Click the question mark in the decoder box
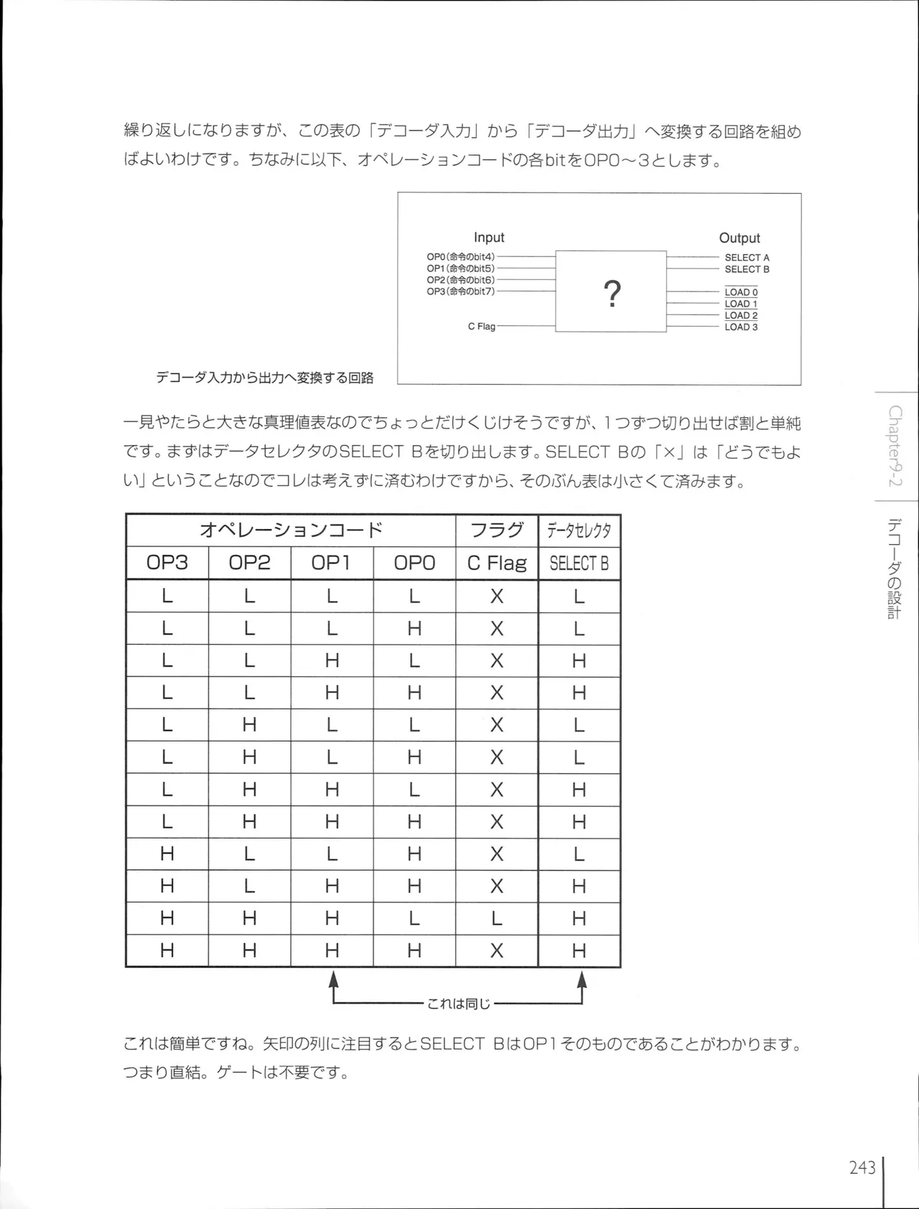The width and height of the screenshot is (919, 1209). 612,294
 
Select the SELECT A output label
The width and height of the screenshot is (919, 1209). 747,258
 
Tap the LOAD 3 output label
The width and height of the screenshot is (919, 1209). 741,327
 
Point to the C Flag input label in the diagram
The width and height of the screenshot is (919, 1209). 482,327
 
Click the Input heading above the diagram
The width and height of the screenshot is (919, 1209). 489,238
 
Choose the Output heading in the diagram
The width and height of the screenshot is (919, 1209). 740,238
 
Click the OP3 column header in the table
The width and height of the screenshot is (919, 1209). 167,563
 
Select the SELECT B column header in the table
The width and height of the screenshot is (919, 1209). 579,564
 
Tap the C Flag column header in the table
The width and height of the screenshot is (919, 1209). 497,564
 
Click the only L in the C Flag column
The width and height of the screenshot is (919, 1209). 497,918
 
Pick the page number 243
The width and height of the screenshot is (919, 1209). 862,1168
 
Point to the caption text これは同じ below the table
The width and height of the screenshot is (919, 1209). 458,1004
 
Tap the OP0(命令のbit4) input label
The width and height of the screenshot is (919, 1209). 460,257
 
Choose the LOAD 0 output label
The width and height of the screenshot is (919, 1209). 741,293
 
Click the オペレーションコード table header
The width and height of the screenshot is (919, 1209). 291,531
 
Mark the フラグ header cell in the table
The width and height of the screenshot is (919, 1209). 497,531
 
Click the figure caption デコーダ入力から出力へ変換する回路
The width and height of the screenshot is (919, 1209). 265,378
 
